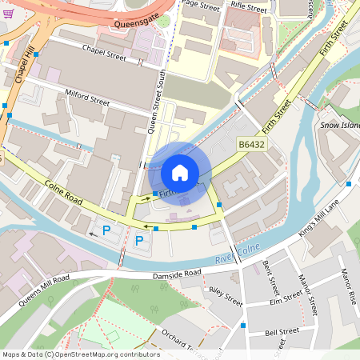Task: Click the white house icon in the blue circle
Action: tap(180, 172)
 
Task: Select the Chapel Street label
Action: tap(105, 51)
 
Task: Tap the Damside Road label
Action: tap(178, 274)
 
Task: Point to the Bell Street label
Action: tap(282, 330)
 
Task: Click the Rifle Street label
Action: tap(248, 8)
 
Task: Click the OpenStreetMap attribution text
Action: tap(80, 354)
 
